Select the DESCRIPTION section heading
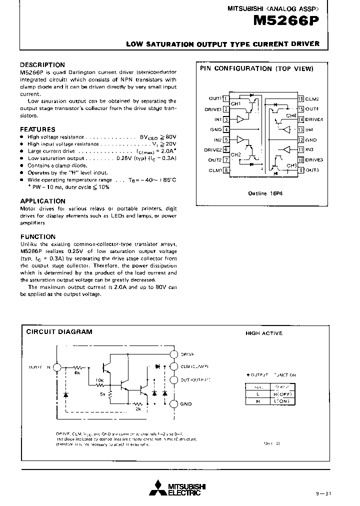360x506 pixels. pos(42,65)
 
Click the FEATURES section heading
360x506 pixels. pos(37,129)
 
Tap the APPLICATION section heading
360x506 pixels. pos(42,201)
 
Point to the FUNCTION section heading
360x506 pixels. pos(38,237)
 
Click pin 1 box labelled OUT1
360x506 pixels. pos(226,99)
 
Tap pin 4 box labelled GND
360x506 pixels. pos(226,129)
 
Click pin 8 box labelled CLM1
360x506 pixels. pos(226,170)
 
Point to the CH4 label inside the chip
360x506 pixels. pos(290,115)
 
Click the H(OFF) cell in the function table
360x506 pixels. pos(282,394)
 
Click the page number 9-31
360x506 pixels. pos(323,494)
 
